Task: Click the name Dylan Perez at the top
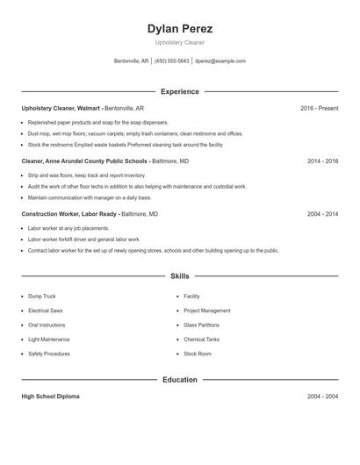coord(180,29)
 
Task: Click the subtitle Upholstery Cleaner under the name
coord(180,42)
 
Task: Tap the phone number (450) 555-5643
coord(172,61)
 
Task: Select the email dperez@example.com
coord(220,61)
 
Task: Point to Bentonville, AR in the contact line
coord(133,61)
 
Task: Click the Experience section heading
coord(180,91)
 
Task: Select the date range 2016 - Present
coord(319,108)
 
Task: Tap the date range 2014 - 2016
coord(322,161)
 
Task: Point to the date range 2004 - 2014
coord(322,214)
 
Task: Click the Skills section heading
coord(180,275)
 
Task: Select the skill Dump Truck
coord(41,297)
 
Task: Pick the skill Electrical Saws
coord(45,311)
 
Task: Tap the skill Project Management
coord(207,311)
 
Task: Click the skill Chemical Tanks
coord(201,340)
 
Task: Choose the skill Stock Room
coord(198,354)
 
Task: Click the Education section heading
coord(180,380)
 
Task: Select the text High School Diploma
coord(50,397)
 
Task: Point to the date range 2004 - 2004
coord(322,397)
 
